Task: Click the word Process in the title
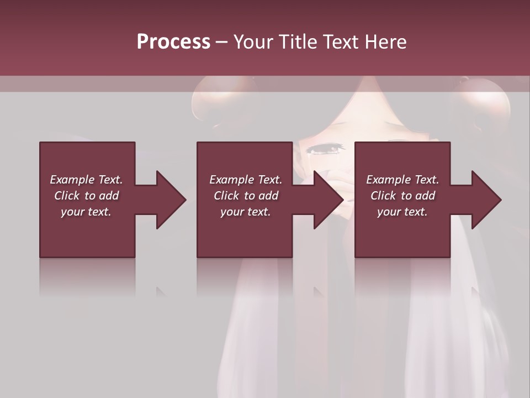pos(173,42)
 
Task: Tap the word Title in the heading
pos(300,42)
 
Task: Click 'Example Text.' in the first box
pos(86,180)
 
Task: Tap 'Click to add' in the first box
pos(86,196)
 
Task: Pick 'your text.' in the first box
pos(86,212)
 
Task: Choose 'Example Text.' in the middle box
pos(246,180)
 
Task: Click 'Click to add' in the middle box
pos(246,196)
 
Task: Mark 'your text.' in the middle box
pos(246,212)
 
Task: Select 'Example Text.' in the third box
pos(402,180)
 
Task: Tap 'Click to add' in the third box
pos(402,196)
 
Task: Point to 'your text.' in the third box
pos(402,212)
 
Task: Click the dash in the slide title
pos(222,42)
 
